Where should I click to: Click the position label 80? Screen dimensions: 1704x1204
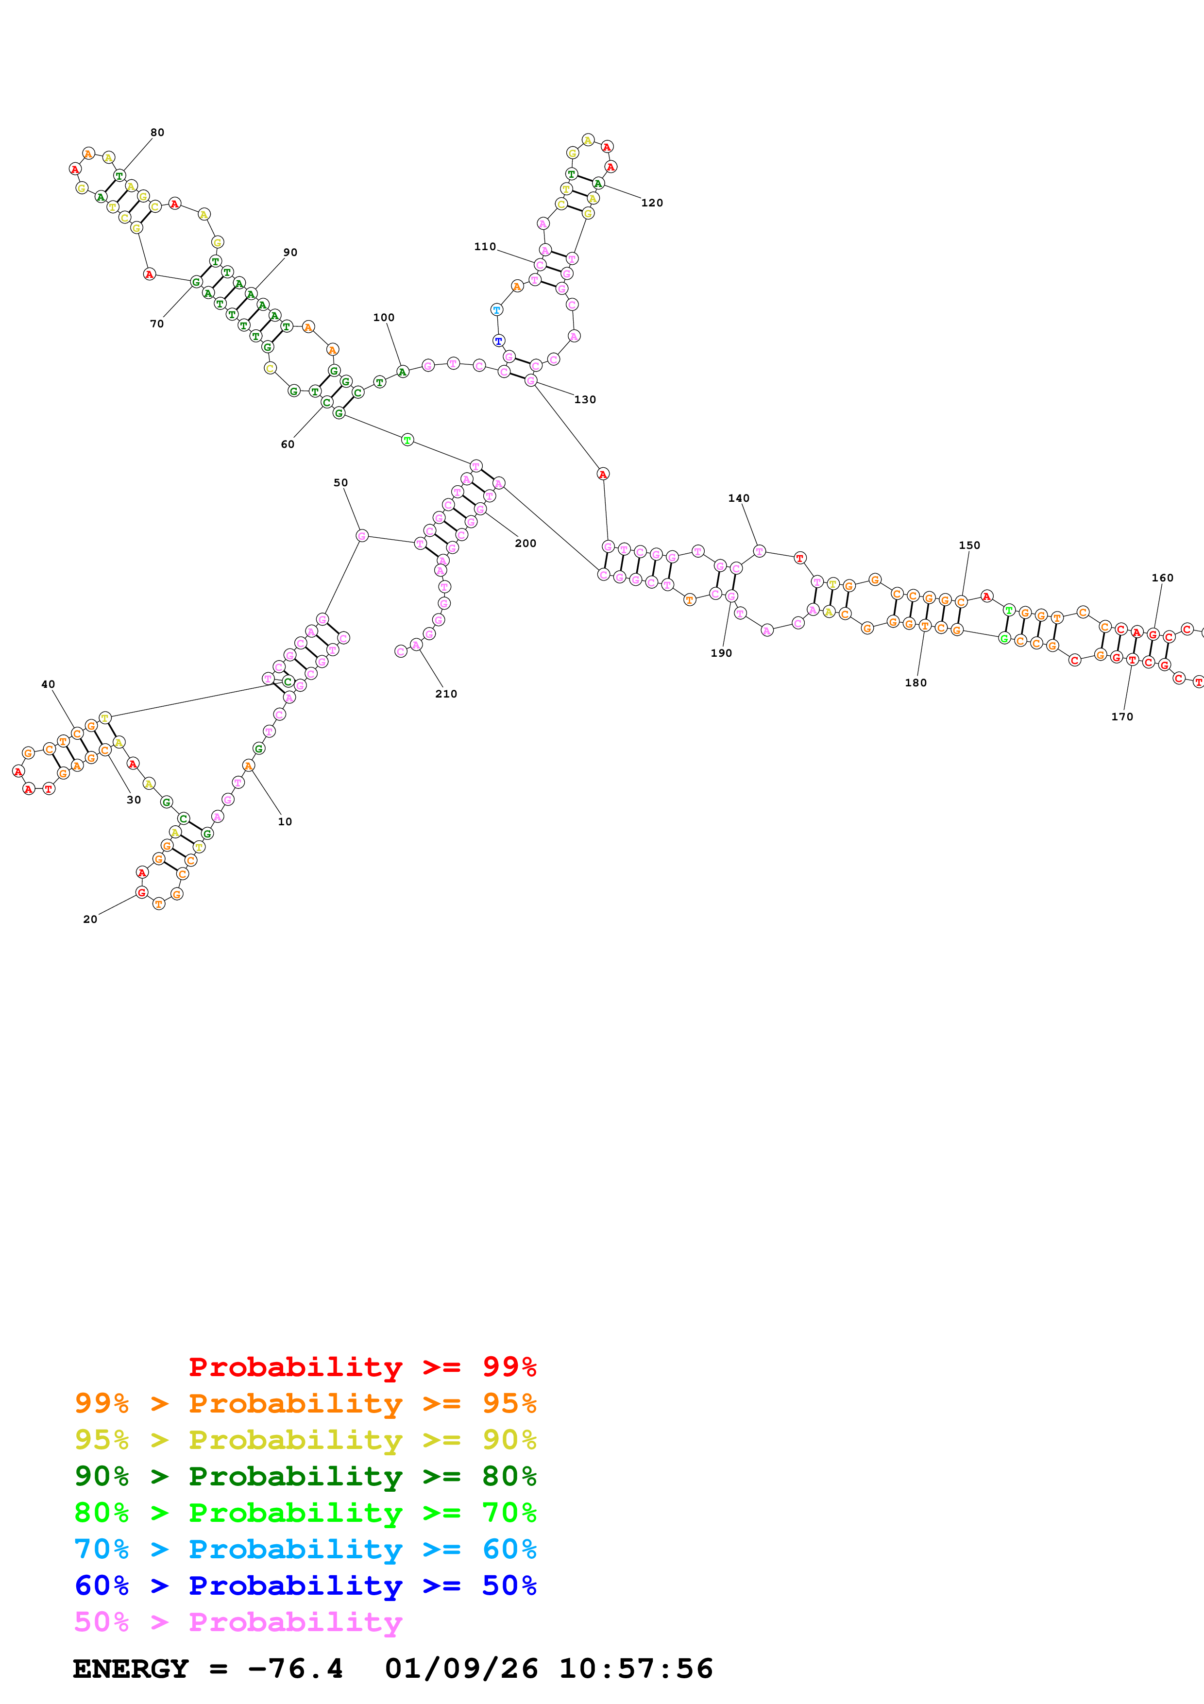point(157,133)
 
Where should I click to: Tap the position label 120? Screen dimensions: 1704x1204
point(652,203)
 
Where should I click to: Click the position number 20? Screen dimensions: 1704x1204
point(90,920)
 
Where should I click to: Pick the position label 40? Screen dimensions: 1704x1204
point(48,684)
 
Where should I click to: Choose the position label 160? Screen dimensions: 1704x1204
point(1162,578)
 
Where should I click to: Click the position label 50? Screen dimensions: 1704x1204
point(340,482)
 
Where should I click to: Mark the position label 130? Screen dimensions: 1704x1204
point(585,399)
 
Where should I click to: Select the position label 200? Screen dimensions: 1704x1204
point(525,543)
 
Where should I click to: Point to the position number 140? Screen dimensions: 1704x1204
point(738,498)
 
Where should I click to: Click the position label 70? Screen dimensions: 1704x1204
point(156,324)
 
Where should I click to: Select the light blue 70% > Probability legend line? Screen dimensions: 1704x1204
point(305,1549)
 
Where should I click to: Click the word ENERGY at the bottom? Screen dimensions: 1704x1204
point(131,1669)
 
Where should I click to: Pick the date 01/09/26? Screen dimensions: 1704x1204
point(461,1669)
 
